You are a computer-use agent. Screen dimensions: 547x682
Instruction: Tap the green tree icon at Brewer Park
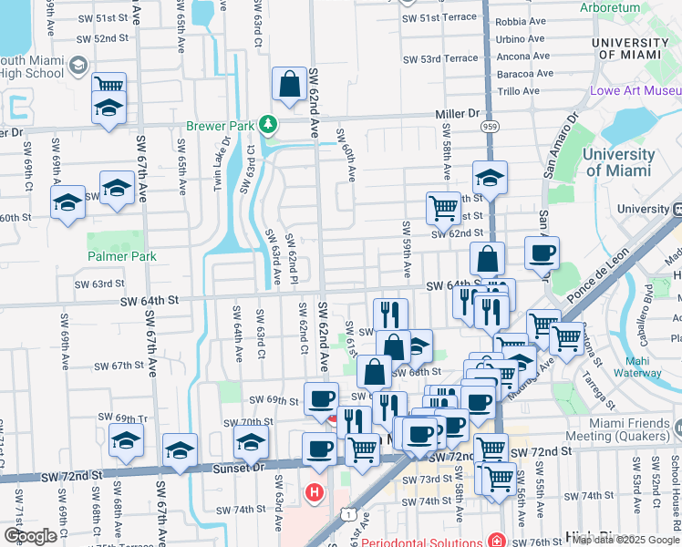(x=267, y=123)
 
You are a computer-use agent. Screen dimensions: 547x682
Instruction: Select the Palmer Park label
(x=122, y=256)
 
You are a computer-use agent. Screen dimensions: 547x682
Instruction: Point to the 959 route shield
(x=491, y=126)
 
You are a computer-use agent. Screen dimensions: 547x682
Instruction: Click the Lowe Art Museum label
(x=635, y=91)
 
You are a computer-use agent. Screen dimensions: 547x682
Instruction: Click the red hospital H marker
(x=315, y=493)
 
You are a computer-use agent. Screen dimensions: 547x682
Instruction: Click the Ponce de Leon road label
(x=597, y=274)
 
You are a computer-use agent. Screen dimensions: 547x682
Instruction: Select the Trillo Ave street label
(x=519, y=91)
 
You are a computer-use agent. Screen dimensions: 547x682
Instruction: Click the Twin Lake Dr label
(x=219, y=164)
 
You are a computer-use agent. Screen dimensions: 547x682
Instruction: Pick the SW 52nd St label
(x=102, y=38)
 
